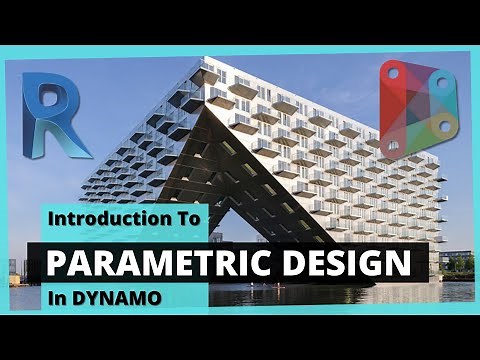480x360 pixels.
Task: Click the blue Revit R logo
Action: pos(56,116)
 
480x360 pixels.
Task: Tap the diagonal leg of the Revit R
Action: pos(74,140)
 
